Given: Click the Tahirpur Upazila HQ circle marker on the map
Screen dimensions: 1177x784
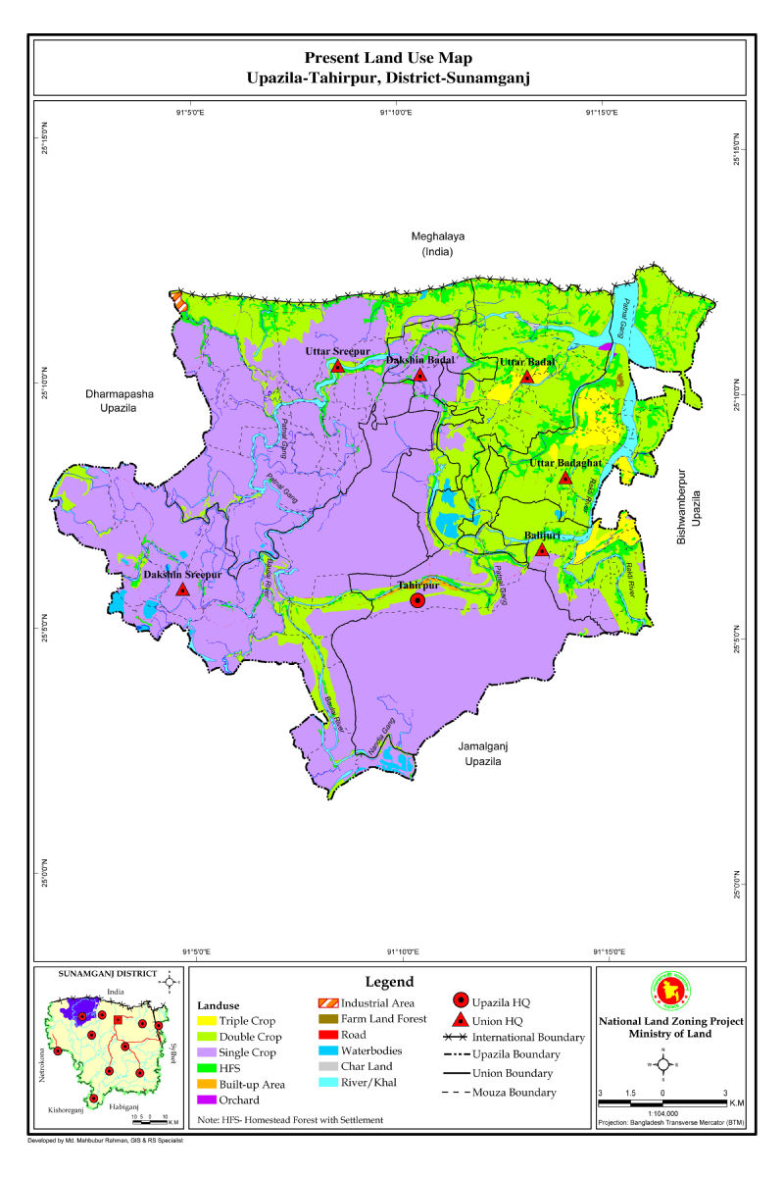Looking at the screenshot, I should pyautogui.click(x=417, y=600).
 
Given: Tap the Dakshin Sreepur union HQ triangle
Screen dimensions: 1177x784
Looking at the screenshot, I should pyautogui.click(x=182, y=589).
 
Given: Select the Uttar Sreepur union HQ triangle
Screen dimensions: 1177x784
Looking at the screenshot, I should pyautogui.click(x=338, y=366).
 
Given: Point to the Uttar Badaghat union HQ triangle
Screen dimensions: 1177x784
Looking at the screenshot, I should pyautogui.click(x=565, y=478).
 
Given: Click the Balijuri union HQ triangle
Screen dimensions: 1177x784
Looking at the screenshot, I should pyautogui.click(x=542, y=550).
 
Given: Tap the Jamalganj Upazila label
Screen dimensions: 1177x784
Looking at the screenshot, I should pyautogui.click(x=482, y=753).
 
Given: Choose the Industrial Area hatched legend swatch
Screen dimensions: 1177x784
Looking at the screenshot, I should pyautogui.click(x=326, y=1003).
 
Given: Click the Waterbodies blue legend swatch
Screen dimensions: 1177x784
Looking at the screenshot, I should pyautogui.click(x=326, y=1050).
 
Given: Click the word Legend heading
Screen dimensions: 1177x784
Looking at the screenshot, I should pyautogui.click(x=389, y=982).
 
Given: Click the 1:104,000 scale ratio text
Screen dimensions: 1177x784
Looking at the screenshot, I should pyautogui.click(x=662, y=1112).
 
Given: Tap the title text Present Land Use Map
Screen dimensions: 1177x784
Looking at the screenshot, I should pyautogui.click(x=394, y=59).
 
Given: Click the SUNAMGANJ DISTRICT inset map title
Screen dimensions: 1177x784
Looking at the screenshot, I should pyautogui.click(x=108, y=974).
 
